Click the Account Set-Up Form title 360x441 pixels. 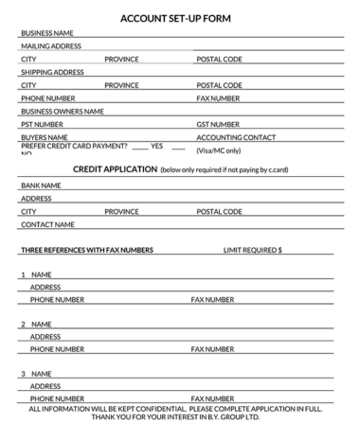(x=180, y=17)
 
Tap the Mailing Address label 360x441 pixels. (x=50, y=45)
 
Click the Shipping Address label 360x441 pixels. (x=52, y=72)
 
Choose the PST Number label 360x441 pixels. (x=42, y=124)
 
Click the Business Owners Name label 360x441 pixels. (x=62, y=111)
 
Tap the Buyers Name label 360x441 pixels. (x=44, y=137)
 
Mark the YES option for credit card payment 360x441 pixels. (x=156, y=147)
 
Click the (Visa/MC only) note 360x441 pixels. (x=219, y=150)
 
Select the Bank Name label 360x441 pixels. (x=41, y=185)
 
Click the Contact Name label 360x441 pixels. (x=47, y=225)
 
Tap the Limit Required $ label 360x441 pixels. (x=252, y=250)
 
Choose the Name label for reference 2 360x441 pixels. (x=41, y=325)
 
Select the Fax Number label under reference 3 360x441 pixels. (x=212, y=398)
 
